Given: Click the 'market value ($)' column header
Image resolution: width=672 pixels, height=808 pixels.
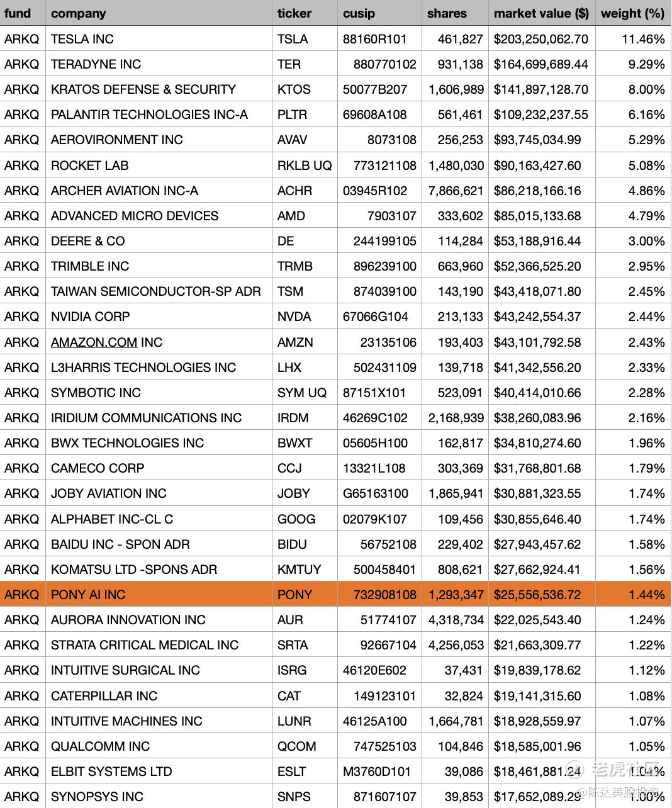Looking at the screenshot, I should click(x=540, y=13).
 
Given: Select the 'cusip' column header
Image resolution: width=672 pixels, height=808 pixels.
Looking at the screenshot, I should click(x=359, y=13).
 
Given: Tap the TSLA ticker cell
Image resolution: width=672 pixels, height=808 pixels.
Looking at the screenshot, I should click(x=293, y=39).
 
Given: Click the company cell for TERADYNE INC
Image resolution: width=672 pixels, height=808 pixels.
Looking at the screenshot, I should click(x=96, y=64).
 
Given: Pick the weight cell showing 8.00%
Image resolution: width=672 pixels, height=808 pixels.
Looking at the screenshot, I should click(x=646, y=89).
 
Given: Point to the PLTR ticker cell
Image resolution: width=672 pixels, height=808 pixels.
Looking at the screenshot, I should click(x=293, y=115).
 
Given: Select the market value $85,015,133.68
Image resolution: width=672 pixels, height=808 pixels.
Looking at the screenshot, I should click(x=537, y=216).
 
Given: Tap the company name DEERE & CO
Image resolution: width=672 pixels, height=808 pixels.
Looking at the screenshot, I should click(x=88, y=241).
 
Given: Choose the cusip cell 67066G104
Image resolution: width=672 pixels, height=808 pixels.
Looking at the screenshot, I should click(x=376, y=317).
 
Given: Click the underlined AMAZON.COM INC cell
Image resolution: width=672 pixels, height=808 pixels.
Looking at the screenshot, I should click(x=107, y=342).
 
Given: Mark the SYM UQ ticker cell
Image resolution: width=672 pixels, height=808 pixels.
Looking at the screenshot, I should click(x=302, y=393).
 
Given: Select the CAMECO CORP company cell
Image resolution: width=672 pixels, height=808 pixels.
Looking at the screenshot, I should click(x=98, y=468).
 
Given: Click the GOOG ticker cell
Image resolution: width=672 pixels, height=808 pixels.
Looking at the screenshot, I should click(x=296, y=519).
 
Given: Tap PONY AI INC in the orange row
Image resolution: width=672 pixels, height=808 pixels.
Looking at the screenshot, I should click(x=88, y=595).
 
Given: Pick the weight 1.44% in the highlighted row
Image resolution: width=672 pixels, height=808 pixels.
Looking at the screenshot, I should click(x=646, y=595).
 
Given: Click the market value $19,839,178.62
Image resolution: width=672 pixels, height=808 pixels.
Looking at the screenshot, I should click(x=537, y=670).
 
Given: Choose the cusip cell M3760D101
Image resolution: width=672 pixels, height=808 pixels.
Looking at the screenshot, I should click(x=377, y=772).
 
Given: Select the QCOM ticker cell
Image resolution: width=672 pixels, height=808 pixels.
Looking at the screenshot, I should click(x=297, y=746).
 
